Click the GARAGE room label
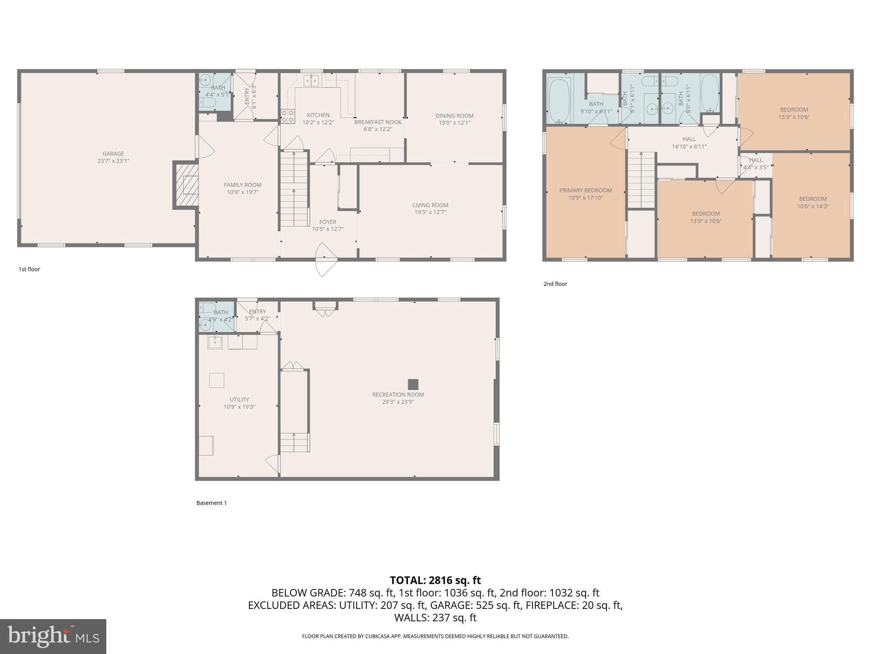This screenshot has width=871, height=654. [x=113, y=154]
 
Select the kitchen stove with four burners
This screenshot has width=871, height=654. [x=287, y=116]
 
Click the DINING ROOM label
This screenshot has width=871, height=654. [x=454, y=116]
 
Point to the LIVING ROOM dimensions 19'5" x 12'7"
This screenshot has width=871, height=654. [x=430, y=212]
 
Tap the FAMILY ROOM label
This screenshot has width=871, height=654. [x=242, y=185]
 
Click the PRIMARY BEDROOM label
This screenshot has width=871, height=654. [x=585, y=190]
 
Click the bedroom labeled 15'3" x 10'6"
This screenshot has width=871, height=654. [x=794, y=113]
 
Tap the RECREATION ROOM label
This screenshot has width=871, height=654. [x=398, y=395]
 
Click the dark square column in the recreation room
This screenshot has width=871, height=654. [x=413, y=384]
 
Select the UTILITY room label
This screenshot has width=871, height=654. [x=239, y=399]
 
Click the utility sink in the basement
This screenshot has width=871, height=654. [x=215, y=342]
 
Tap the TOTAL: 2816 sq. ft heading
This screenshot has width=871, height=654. [x=435, y=580]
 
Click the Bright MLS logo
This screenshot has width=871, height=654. [x=53, y=636]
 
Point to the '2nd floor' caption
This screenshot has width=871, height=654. [x=555, y=284]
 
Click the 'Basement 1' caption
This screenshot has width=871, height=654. [x=211, y=503]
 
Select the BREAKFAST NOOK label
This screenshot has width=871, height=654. [x=378, y=122]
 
